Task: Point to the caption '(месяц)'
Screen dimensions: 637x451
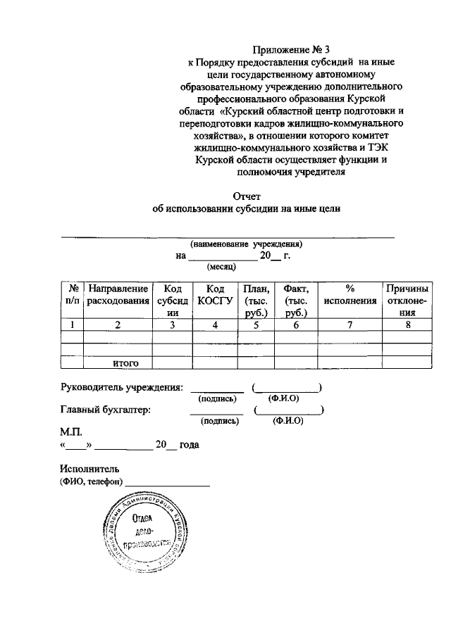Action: tap(221, 267)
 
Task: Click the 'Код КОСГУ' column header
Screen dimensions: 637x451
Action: tap(215, 295)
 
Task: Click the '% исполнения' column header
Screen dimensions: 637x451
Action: tap(350, 295)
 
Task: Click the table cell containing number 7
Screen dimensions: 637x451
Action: tap(350, 325)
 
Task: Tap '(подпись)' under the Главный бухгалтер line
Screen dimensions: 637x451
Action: tap(220, 421)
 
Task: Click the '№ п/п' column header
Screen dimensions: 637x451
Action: tap(72, 295)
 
